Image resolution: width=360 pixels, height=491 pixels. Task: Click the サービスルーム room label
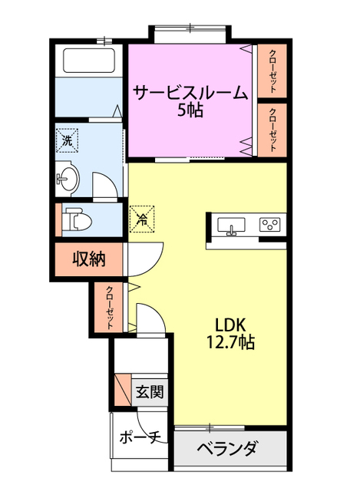coord(190,93)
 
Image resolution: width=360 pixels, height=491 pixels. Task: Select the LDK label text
coord(230,323)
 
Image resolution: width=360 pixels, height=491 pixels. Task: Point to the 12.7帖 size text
coord(230,342)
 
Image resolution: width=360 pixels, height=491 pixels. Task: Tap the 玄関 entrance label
coord(150,392)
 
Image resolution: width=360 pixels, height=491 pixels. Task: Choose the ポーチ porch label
coord(140,437)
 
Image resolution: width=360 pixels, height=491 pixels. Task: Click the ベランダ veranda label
coord(226,449)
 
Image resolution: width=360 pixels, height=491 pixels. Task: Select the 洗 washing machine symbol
coord(68,140)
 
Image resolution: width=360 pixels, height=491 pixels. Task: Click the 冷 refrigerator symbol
coord(142,219)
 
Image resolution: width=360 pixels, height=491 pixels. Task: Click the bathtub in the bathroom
coord(88,60)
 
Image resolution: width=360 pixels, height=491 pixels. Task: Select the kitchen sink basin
coord(231,226)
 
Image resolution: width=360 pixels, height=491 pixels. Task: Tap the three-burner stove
coord(270,225)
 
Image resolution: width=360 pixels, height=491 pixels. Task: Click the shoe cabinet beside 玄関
coord(121,390)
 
